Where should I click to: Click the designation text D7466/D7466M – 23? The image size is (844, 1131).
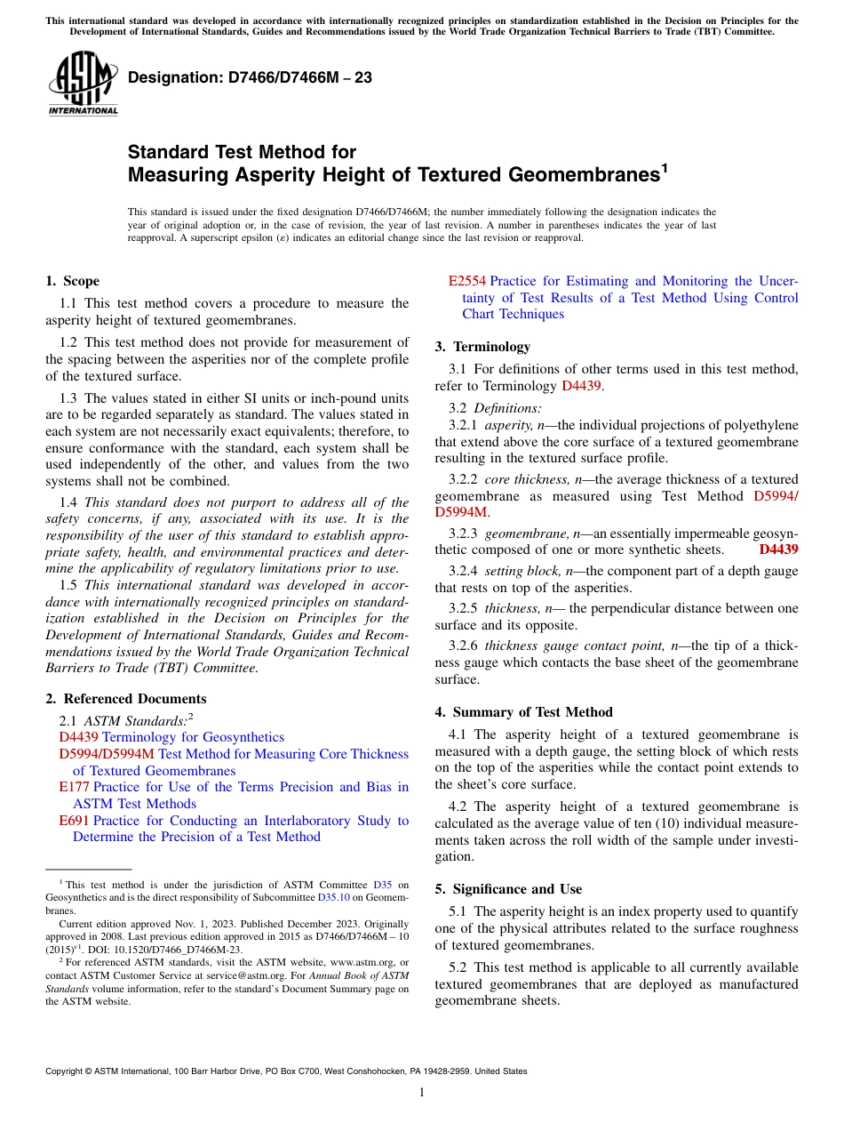tap(250, 77)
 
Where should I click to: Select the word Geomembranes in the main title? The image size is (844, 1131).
tap(582, 175)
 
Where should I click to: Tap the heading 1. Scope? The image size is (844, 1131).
tap(72, 281)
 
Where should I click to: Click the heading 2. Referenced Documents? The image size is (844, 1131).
tap(125, 699)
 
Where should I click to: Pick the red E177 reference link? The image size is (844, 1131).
tap(74, 787)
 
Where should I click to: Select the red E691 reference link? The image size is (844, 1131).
tap(74, 821)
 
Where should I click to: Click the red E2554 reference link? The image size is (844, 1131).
tap(466, 281)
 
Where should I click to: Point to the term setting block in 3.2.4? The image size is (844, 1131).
tap(515, 571)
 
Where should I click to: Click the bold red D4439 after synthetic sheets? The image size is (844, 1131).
tap(778, 549)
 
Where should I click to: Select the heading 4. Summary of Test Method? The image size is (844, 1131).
tap(523, 712)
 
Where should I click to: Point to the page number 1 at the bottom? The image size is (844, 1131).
tap(422, 1093)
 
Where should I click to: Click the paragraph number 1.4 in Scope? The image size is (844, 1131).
tap(69, 502)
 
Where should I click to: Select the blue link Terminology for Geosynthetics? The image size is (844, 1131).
tap(193, 737)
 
